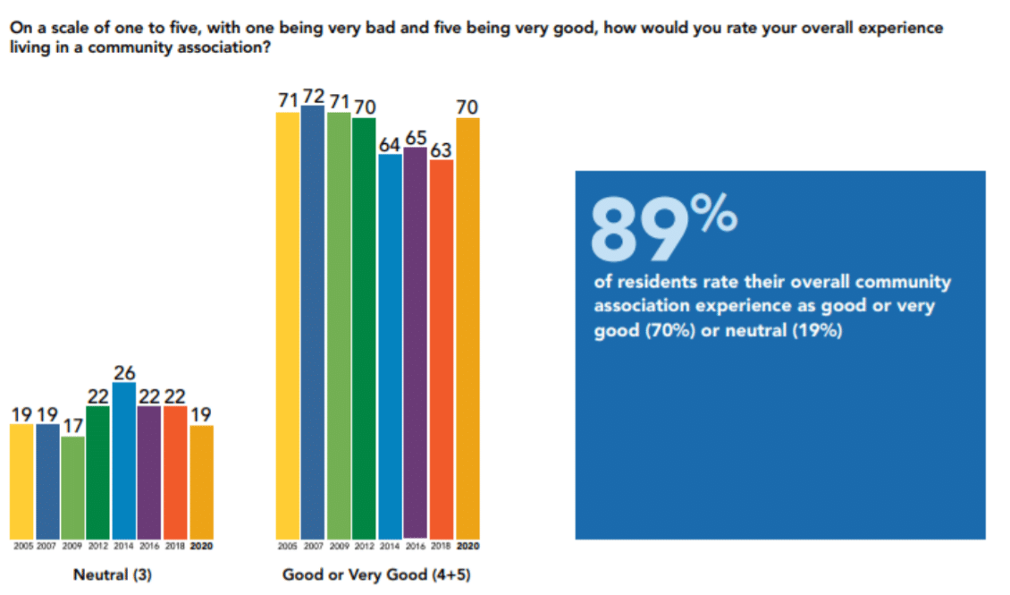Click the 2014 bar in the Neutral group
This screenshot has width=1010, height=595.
pos(124,461)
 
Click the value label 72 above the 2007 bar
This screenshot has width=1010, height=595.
pos(314,94)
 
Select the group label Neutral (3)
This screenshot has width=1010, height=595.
pos(112,575)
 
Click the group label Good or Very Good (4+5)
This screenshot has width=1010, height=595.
pos(376,575)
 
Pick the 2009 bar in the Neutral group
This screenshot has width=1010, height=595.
pos(73,488)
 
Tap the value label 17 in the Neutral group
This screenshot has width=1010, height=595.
pos(73,425)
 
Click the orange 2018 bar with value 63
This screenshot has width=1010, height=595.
pos(442,349)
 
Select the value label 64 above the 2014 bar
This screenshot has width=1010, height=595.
pos(391,144)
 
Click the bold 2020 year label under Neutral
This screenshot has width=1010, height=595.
pos(202,545)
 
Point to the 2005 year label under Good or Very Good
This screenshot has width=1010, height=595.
pos(287,545)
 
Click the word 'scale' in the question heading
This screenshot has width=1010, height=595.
pos(63,28)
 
